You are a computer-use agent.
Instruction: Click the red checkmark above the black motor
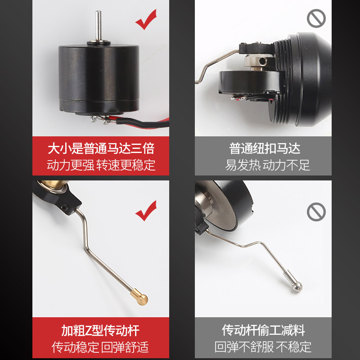146,20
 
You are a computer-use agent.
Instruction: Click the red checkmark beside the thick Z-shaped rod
146,211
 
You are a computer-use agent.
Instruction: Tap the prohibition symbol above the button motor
316,18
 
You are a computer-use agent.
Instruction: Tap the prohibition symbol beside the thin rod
316,212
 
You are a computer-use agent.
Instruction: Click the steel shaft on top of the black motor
99,25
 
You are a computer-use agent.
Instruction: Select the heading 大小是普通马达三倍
101,148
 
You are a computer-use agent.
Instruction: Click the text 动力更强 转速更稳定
101,165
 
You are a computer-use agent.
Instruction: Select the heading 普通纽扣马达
265,148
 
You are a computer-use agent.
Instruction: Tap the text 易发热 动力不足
267,165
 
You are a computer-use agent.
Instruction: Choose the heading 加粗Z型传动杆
100,331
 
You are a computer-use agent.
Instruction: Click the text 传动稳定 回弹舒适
100,347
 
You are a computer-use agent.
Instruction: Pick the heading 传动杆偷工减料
263,330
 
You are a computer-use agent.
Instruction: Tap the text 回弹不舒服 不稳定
263,346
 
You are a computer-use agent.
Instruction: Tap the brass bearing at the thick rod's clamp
52,185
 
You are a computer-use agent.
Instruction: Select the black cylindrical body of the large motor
99,78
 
